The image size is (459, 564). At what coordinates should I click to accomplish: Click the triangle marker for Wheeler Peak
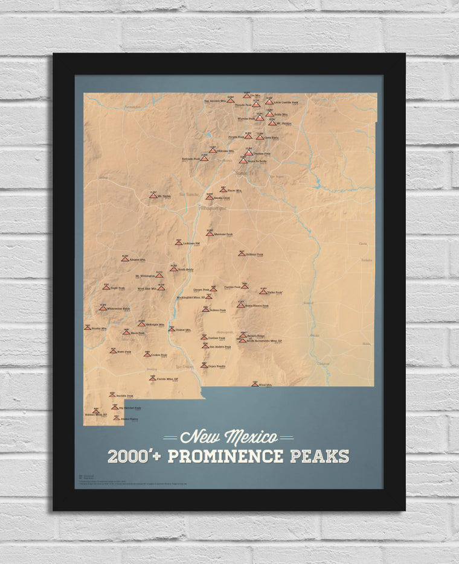(x=260, y=118)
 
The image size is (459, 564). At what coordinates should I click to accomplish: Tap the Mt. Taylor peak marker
(x=153, y=195)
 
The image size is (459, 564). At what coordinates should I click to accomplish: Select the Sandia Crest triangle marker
(x=210, y=197)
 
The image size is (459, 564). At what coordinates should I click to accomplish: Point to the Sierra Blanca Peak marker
(x=240, y=305)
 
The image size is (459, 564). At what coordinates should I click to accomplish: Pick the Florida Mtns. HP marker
(x=152, y=379)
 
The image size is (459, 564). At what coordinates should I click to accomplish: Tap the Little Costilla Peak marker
(x=269, y=102)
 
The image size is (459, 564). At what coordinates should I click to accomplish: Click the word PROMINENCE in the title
(x=225, y=456)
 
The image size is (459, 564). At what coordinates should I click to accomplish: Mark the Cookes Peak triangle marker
(x=147, y=355)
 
